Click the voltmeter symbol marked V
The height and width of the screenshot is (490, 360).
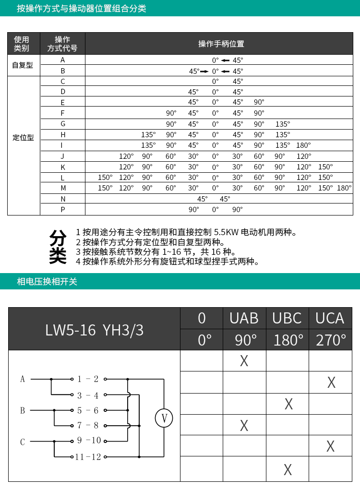164,418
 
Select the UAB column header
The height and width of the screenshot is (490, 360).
244,318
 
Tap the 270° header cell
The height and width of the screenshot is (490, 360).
331,340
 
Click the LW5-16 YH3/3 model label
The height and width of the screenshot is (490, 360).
94,329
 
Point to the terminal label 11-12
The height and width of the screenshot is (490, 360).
88,456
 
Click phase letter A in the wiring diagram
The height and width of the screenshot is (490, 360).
23,379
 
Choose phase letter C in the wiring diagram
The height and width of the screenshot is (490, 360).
23,442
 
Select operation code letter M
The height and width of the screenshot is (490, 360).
63,188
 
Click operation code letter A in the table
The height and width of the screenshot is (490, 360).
63,60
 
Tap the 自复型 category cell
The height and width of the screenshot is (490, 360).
23,65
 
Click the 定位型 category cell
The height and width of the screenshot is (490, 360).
23,138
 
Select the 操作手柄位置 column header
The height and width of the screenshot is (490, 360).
221,44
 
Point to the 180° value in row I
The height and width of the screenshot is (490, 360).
303,145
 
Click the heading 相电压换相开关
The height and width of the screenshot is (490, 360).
47,282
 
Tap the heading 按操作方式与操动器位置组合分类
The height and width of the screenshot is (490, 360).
82,9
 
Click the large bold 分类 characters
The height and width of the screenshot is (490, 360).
58,247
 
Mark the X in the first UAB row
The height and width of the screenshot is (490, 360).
244,361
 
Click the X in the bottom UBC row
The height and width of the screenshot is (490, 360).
288,469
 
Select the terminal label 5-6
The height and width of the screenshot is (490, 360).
88,410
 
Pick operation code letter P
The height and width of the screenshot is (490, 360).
63,209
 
